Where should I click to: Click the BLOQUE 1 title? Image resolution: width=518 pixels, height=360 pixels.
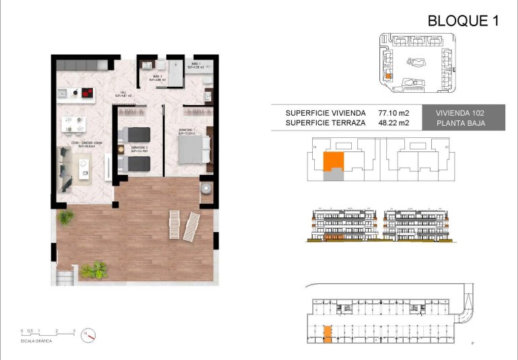[463, 21]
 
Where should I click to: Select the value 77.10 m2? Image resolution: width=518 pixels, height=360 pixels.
[394, 113]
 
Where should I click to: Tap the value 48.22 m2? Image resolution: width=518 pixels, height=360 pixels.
[394, 123]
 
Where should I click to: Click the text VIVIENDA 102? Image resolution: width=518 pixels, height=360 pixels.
[460, 113]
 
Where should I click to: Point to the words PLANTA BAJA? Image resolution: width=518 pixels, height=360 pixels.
[460, 123]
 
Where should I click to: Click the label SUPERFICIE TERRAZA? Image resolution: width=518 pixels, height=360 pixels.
[326, 123]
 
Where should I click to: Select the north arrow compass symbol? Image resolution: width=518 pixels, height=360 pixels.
[89, 334]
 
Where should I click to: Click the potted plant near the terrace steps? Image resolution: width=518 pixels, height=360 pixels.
[94, 271]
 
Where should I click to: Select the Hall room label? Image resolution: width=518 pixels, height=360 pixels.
[123, 94]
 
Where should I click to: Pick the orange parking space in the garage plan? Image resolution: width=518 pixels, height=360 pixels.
[328, 334]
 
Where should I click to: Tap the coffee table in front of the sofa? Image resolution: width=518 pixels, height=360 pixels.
[85, 166]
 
